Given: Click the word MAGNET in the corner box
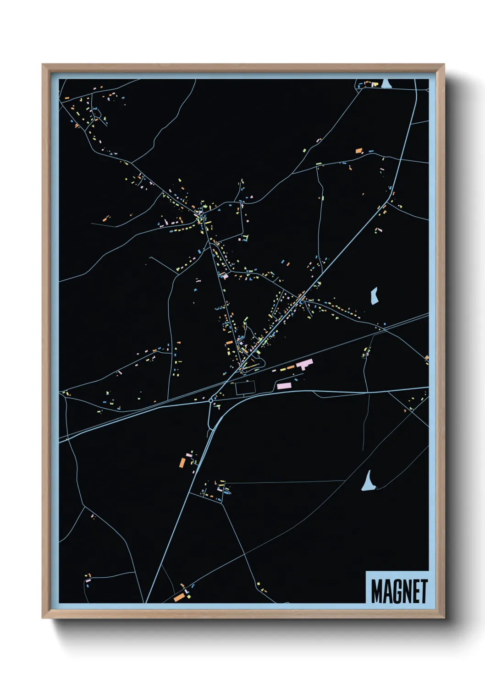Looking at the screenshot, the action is [399, 591].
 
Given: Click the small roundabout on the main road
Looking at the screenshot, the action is [210, 400].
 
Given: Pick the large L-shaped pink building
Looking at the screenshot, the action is [305, 365].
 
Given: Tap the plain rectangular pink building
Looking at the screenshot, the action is [284, 386].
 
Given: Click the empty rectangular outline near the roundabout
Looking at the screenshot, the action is [245, 388].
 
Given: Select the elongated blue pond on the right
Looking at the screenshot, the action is [374, 296].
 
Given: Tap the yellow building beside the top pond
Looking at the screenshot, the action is [375, 84].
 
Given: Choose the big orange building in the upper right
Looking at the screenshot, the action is [359, 150].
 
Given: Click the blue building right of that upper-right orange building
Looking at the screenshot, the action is [370, 150].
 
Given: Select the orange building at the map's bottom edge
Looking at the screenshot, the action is [179, 597].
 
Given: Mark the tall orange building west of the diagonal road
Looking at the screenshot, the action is [182, 462].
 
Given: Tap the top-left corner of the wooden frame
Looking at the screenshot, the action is [43, 65].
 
